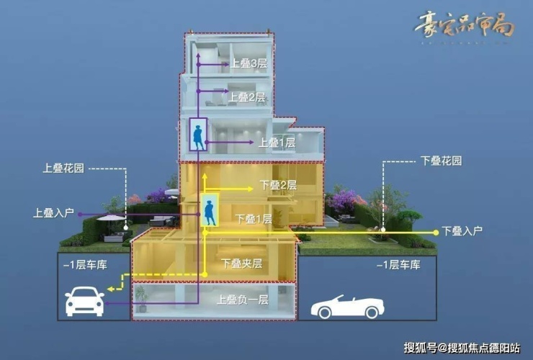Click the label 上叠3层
[x=248, y=63]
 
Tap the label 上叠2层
[x=247, y=96]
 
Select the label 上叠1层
[x=277, y=143]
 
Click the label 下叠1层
[x=254, y=218]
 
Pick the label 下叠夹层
[x=241, y=264]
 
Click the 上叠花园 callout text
[x=63, y=168]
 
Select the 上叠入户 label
[x=53, y=213]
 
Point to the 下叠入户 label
[x=462, y=231]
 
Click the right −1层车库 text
[x=398, y=265]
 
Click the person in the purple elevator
[x=197, y=135]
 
